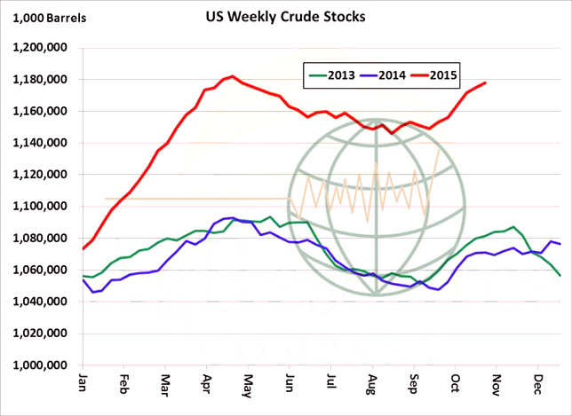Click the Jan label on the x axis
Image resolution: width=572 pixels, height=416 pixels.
[83, 386]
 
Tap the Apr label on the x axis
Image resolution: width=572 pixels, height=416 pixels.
[206, 386]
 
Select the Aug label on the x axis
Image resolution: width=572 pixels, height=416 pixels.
[372, 386]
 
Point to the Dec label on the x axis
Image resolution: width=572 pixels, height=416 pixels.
[537, 386]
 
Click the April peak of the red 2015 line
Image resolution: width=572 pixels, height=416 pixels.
[232, 76]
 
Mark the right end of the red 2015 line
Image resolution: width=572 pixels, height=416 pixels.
[485, 83]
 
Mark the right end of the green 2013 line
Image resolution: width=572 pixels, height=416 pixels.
[560, 276]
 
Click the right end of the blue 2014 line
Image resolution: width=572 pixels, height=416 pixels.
[560, 243]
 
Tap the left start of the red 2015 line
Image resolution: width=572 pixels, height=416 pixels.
[83, 248]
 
